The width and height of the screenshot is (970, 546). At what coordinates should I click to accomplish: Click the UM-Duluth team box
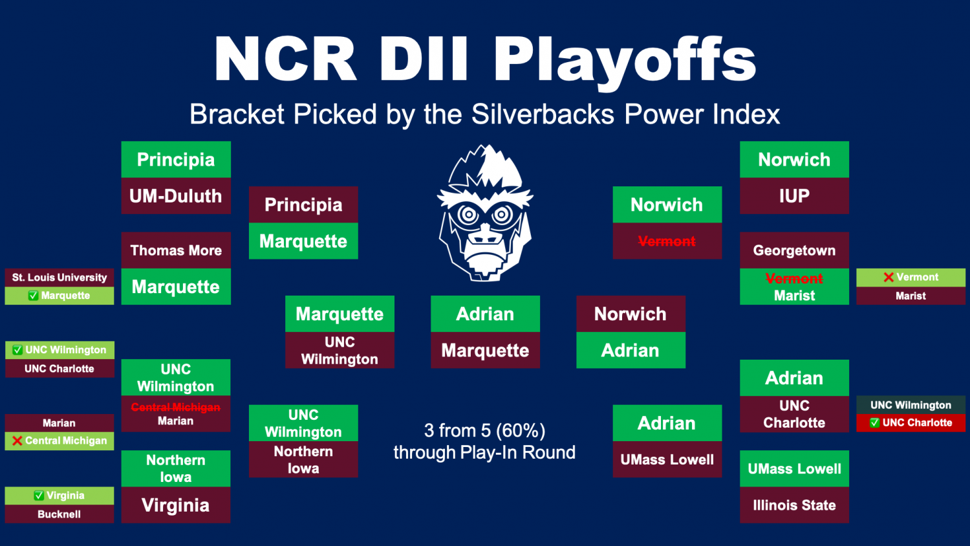[x=176, y=196]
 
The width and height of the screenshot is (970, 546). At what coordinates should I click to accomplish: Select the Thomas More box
[x=176, y=250]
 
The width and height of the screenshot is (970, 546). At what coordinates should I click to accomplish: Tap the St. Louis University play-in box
[x=59, y=278]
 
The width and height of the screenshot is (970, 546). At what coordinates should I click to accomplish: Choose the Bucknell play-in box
[x=59, y=514]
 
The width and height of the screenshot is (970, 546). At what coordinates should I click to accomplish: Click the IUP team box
[x=794, y=196]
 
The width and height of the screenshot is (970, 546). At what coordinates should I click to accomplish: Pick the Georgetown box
[x=794, y=250]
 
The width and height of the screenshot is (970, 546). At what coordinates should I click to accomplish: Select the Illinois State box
[x=794, y=505]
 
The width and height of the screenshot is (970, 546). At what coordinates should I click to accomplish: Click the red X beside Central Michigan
[x=17, y=441]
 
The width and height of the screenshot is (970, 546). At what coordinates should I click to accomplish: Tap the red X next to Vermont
[x=889, y=278]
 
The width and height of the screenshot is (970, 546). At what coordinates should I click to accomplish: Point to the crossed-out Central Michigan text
[x=176, y=408]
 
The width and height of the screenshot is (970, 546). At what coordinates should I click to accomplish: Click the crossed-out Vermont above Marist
[x=794, y=278]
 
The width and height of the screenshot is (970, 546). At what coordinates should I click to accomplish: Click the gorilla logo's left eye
[x=468, y=214]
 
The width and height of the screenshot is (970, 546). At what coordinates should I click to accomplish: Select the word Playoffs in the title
[x=625, y=60]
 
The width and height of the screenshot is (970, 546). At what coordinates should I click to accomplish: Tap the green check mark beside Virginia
[x=39, y=496]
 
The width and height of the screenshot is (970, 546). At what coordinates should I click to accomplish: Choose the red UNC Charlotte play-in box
[x=911, y=423]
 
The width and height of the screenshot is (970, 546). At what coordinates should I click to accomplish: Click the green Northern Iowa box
[x=176, y=468]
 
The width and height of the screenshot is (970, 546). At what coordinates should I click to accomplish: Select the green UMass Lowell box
[x=794, y=468]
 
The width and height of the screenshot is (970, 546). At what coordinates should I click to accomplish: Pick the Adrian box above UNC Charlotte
[x=794, y=378]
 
